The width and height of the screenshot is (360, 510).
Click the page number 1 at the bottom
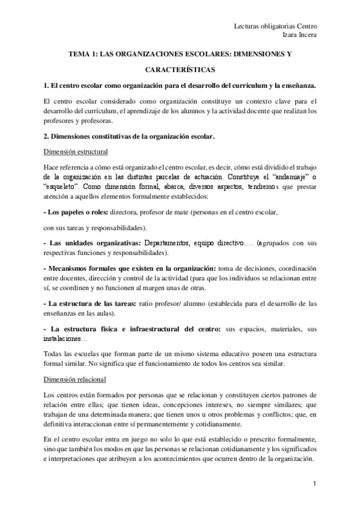tap(315, 484)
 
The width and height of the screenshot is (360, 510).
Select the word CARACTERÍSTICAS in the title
tap(180, 70)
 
